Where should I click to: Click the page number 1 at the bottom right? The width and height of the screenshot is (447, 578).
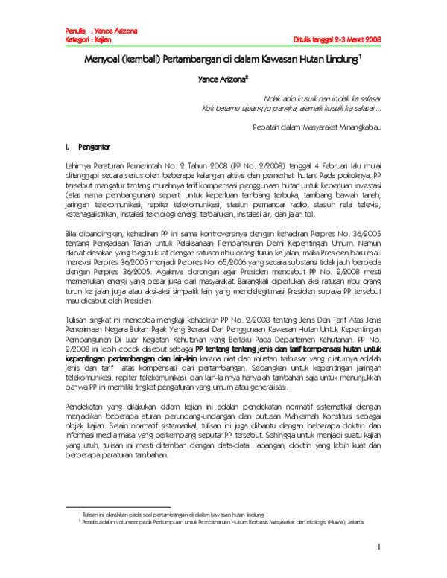[378, 549]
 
